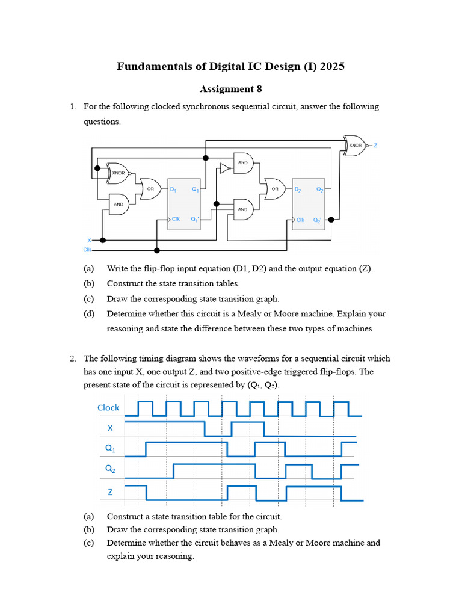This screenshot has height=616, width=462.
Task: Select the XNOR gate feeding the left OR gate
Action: pos(119,173)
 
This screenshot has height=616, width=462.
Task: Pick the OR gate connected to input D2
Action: pos(274,188)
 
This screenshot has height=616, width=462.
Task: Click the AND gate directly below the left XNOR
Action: pos(119,204)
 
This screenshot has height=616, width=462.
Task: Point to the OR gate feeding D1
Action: pos(150,188)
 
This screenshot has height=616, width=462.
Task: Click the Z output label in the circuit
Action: pos(375,145)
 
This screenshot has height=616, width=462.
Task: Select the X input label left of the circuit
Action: pos(89,239)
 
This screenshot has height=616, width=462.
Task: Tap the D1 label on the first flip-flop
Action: pos(173,189)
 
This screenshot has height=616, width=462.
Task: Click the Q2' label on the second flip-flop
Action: pos(319,220)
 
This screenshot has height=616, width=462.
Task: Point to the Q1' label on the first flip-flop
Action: pos(194,220)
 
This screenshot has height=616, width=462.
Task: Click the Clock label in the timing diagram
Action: pos(108,408)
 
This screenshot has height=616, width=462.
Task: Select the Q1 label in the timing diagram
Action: pos(110,448)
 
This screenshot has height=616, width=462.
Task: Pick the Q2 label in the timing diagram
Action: pos(110,470)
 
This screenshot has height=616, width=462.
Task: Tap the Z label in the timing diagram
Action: pos(110,492)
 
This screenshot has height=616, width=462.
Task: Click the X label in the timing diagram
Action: pos(110,428)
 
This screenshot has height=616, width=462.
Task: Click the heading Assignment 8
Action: pos(230,89)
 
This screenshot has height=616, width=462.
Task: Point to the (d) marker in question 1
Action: pos(89,313)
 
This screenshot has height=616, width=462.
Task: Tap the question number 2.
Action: pos(73,359)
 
